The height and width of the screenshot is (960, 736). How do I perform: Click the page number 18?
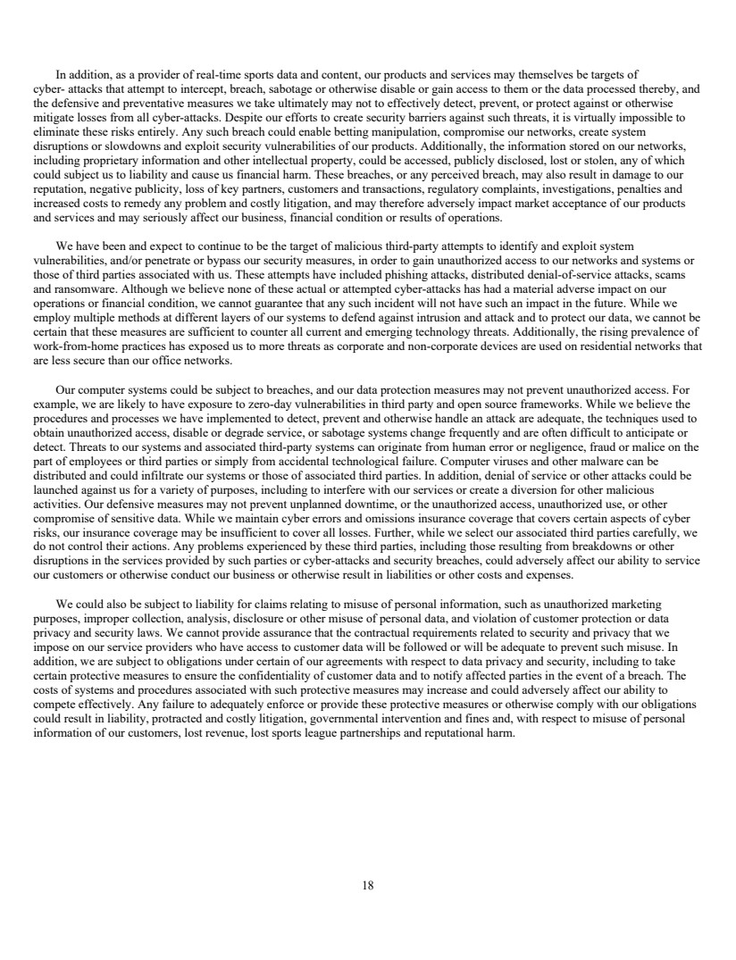coord(368,886)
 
